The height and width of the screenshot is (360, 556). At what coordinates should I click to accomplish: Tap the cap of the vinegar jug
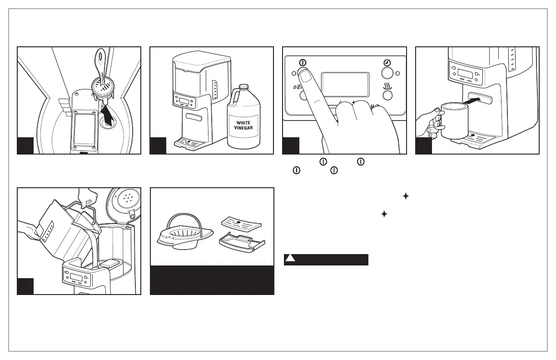[244, 86]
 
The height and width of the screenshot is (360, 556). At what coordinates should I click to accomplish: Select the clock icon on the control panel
[387, 62]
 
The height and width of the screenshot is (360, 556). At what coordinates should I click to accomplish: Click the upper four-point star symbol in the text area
[406, 196]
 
